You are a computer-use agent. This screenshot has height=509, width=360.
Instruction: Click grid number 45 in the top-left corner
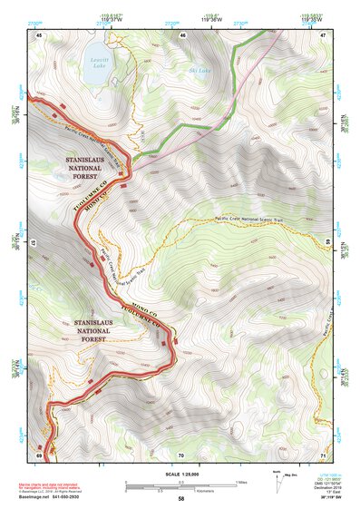tap(39, 34)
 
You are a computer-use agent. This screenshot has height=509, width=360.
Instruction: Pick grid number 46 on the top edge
tap(183, 34)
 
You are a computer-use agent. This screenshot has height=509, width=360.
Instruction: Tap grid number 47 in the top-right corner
tap(324, 34)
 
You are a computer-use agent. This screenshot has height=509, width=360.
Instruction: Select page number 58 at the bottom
tap(180, 499)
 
